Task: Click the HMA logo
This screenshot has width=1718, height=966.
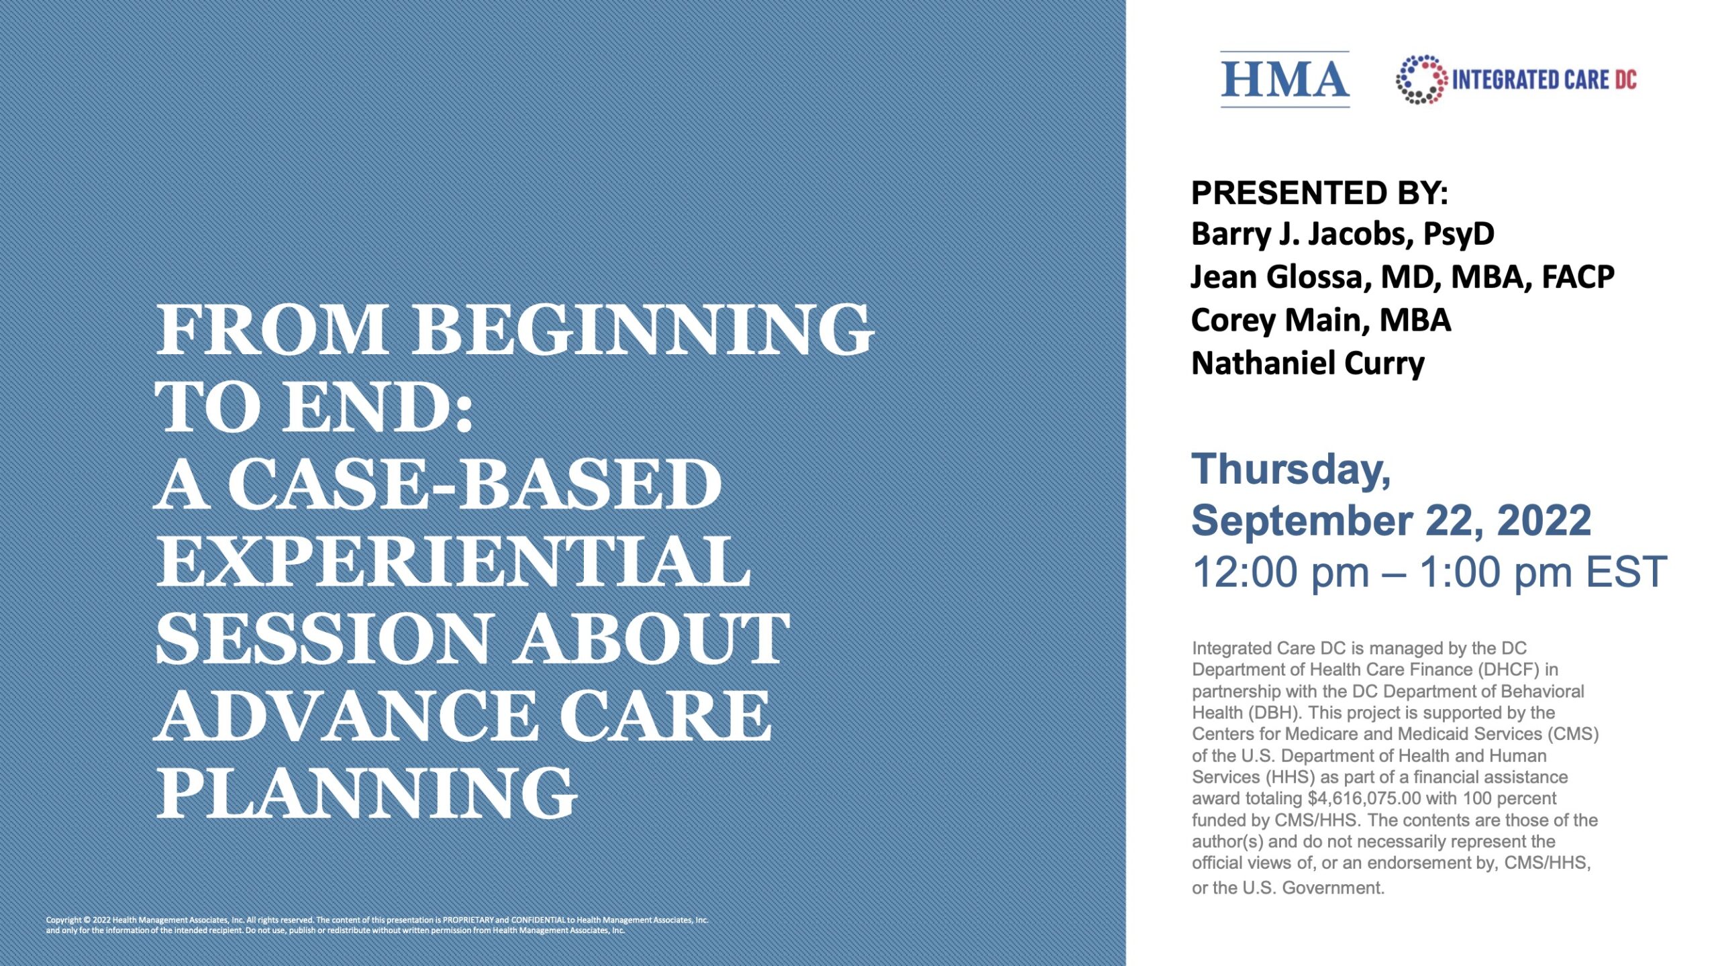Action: click(x=1284, y=80)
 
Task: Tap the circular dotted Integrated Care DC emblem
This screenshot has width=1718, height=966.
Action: click(x=1421, y=80)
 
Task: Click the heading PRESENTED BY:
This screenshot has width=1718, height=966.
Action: click(x=1319, y=193)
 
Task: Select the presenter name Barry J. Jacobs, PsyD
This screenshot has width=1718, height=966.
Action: click(x=1343, y=234)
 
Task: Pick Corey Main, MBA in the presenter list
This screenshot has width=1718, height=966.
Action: click(x=1321, y=320)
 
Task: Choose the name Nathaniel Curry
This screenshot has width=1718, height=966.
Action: click(x=1307, y=363)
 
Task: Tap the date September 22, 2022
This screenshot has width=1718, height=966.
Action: click(x=1391, y=521)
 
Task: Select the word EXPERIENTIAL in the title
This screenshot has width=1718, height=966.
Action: click(x=452, y=561)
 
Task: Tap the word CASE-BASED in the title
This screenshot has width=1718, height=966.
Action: click(x=475, y=484)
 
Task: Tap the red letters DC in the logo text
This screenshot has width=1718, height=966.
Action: click(x=1625, y=80)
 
